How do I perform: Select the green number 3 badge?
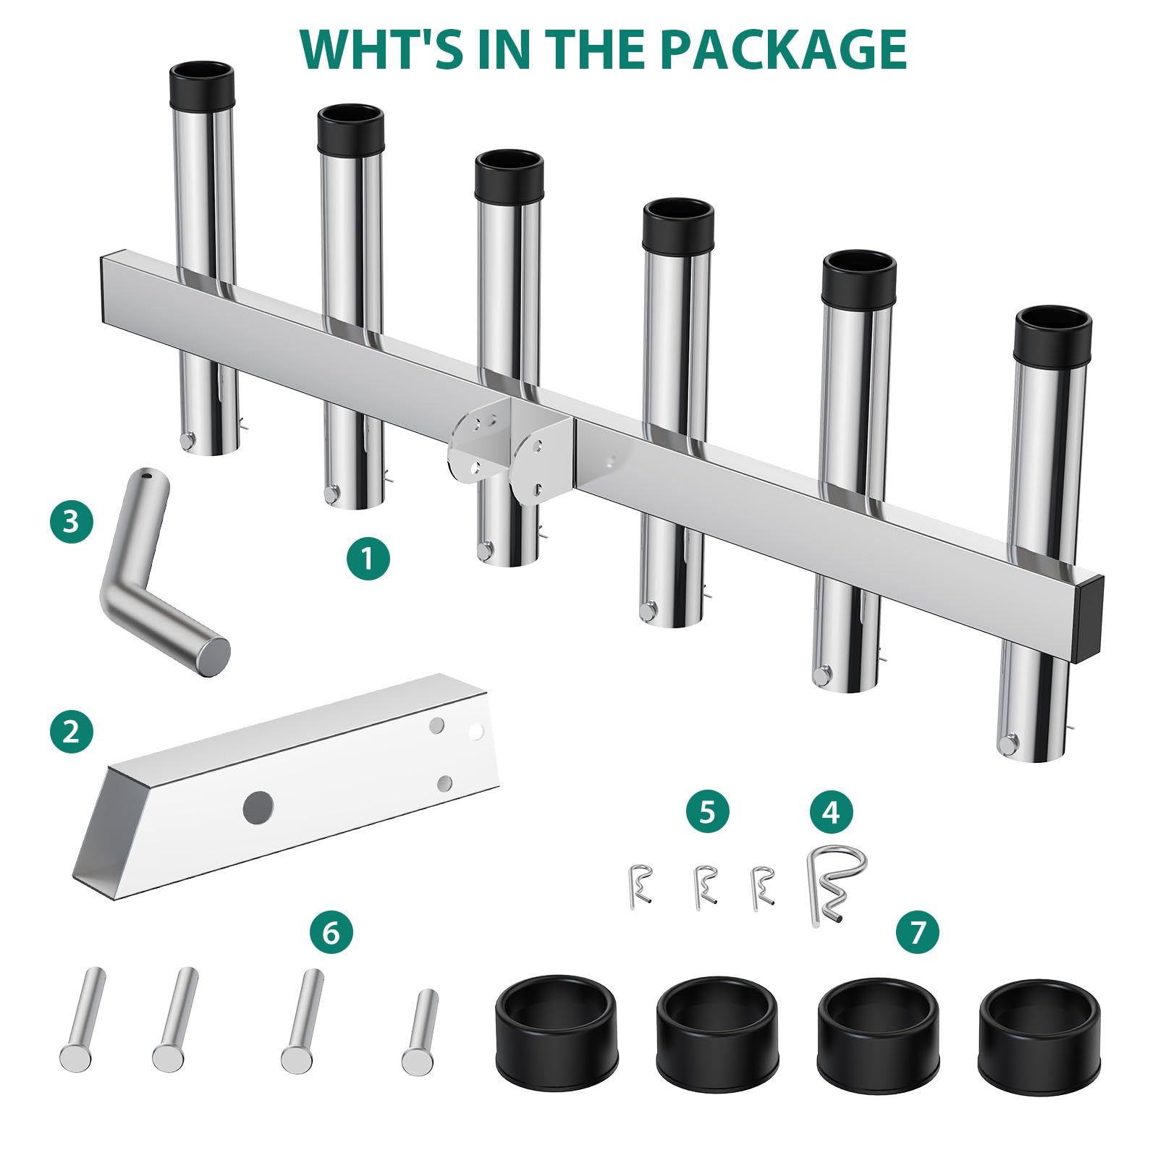click(72, 521)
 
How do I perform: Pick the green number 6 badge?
click(331, 932)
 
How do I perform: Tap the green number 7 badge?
click(918, 931)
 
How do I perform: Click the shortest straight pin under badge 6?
click(420, 1031)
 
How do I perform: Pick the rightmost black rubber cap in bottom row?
click(1039, 1035)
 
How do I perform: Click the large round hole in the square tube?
click(258, 807)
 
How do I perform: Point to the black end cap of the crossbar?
click(1091, 619)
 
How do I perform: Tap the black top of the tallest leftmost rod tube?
click(202, 84)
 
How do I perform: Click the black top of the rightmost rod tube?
click(1053, 337)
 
